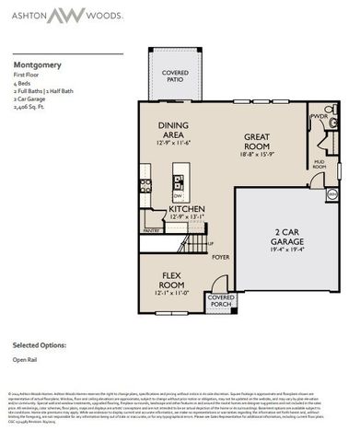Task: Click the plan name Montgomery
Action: (x=38, y=66)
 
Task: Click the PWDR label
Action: (x=319, y=117)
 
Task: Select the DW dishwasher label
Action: (x=178, y=195)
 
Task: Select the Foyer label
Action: (x=221, y=257)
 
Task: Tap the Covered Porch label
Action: (x=221, y=301)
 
